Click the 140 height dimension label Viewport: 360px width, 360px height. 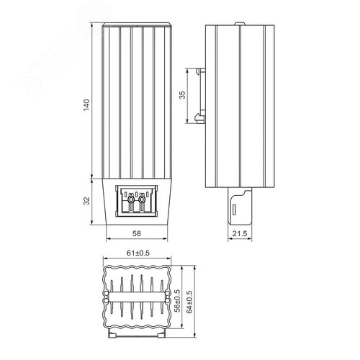tap(86, 104)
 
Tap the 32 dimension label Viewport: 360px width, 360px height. tap(86, 201)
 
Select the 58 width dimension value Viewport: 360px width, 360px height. tap(137, 233)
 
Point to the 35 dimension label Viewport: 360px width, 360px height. tap(182, 95)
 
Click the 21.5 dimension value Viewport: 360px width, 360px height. tap(240, 233)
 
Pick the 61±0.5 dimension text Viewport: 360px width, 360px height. tap(138, 253)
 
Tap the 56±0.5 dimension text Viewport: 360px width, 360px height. tap(177, 301)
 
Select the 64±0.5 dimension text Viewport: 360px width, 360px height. tap(189, 302)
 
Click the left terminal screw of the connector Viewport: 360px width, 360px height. tap(131, 199)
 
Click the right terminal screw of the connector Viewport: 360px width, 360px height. tap(142, 199)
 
